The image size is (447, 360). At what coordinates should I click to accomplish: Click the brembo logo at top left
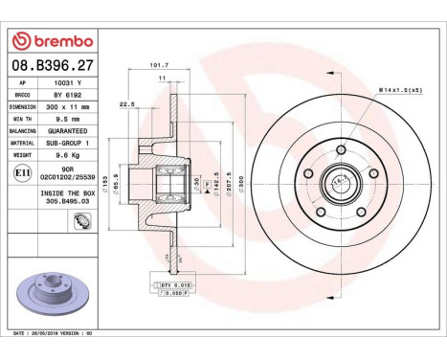52,40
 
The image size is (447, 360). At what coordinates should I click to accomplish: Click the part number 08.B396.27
52,65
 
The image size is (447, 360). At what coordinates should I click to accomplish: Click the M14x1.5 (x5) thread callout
400,89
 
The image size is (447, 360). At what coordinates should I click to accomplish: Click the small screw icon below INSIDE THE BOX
81,219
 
